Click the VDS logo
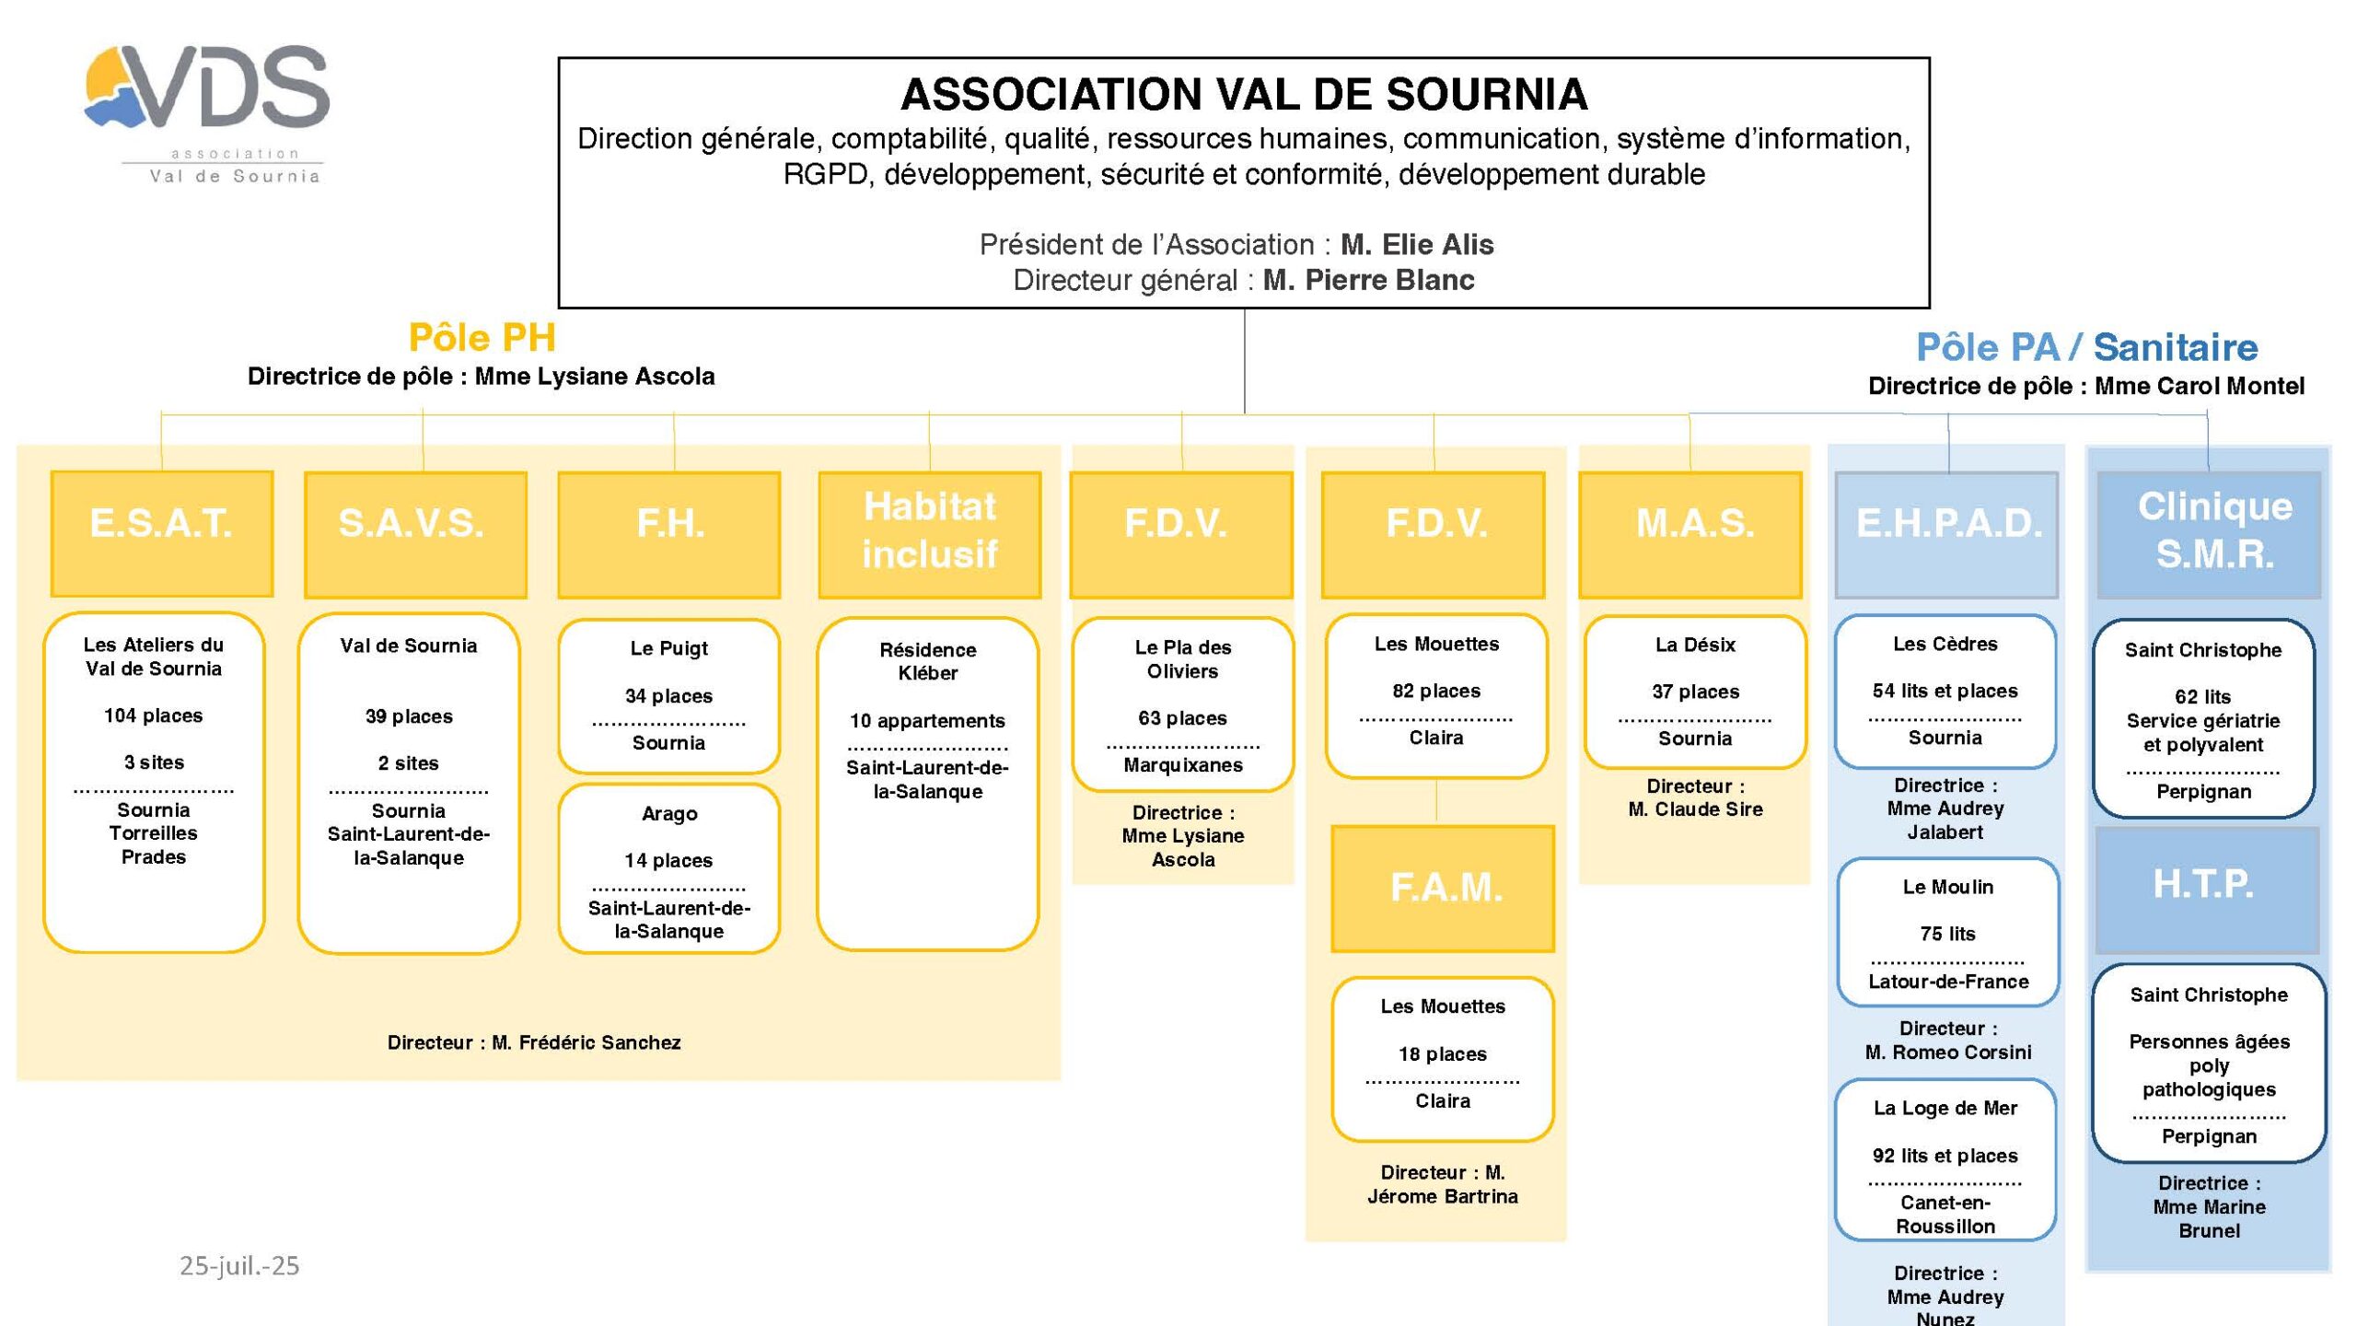coord(208,111)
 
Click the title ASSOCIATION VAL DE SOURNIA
coord(1244,95)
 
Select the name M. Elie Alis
coord(1417,245)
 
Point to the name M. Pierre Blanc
coord(1368,280)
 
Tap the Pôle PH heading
coord(482,338)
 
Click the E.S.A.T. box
coord(162,534)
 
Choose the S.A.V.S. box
coord(415,535)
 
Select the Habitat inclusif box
coord(929,535)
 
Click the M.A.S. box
coord(1690,535)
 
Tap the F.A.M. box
coord(1443,889)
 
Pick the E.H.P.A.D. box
coord(1946,535)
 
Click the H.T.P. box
coord(2207,890)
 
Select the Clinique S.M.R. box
coord(2209,535)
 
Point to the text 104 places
coord(154,715)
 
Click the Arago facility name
coord(669,814)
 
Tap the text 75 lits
coord(1947,934)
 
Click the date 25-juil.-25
coord(239,1266)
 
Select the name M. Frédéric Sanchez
coord(586,1042)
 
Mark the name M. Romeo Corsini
coord(1948,1052)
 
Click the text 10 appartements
coord(927,721)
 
